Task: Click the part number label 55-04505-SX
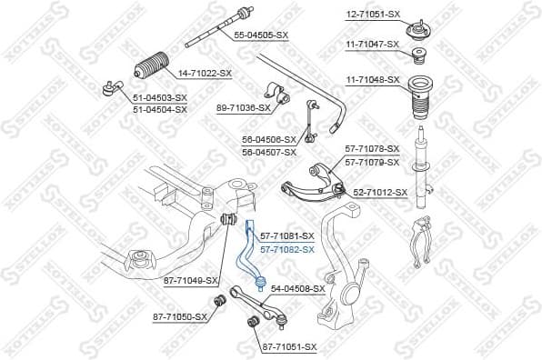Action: click(260, 35)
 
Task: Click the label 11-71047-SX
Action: click(373, 44)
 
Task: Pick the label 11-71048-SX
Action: click(373, 79)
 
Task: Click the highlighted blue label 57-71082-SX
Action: click(286, 248)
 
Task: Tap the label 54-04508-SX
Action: click(298, 288)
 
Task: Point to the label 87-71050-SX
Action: click(181, 316)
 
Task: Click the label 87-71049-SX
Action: click(191, 280)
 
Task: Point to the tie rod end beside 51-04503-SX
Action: click(111, 87)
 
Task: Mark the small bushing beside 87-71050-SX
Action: click(219, 301)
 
